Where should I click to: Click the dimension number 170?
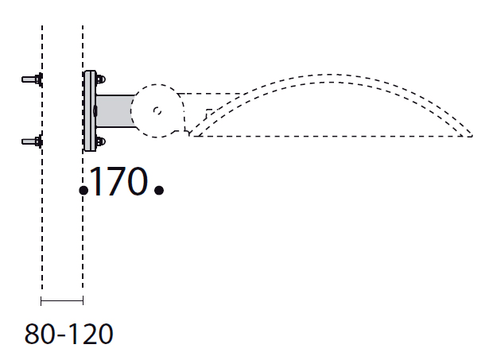pyautogui.click(x=119, y=182)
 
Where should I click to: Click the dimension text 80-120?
pyautogui.click(x=68, y=333)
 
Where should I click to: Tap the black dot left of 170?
pyautogui.click(x=83, y=190)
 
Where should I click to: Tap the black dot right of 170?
pyautogui.click(x=159, y=190)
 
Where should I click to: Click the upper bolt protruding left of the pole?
pyautogui.click(x=33, y=79)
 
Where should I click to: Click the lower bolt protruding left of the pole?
pyautogui.click(x=33, y=142)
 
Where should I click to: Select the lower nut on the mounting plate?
pyautogui.click(x=99, y=143)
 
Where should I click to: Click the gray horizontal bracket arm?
pyautogui.click(x=115, y=110)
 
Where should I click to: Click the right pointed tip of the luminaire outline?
pyautogui.click(x=472, y=136)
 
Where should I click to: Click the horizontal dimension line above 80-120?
pyautogui.click(x=62, y=300)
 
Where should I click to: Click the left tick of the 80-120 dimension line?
pyautogui.click(x=41, y=300)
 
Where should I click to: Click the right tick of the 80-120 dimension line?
pyautogui.click(x=83, y=300)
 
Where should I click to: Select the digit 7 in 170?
pyautogui.click(x=116, y=182)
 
